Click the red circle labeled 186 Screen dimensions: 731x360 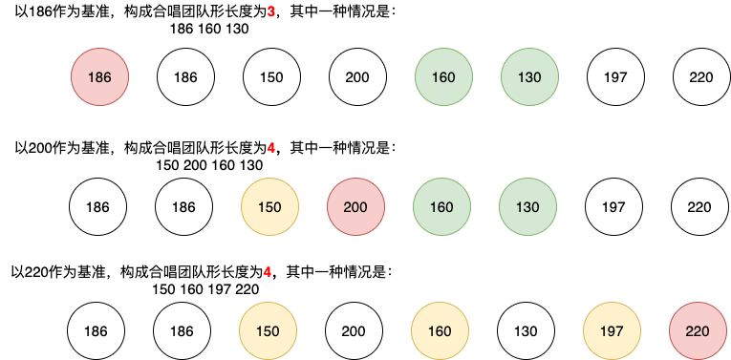pyautogui.click(x=99, y=76)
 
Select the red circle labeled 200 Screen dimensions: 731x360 pyautogui.click(x=355, y=207)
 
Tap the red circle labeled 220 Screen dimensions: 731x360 pyautogui.click(x=698, y=331)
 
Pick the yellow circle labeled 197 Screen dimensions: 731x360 pyautogui.click(x=612, y=331)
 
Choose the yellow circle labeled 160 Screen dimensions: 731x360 pyautogui.click(x=440, y=331)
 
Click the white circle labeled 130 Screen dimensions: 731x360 pyautogui.click(x=526, y=331)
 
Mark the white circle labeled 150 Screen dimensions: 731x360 pyautogui.click(x=271, y=76)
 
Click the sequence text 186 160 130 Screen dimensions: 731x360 pyautogui.click(x=209, y=29)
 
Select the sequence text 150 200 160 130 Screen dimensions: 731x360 pyautogui.click(x=209, y=165)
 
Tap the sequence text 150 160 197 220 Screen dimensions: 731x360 pyautogui.click(x=205, y=289)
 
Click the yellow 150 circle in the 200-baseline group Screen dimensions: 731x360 pyautogui.click(x=269, y=207)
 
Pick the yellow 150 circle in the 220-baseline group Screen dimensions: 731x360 pyautogui.click(x=268, y=331)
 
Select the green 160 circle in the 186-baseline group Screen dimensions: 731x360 pyautogui.click(x=443, y=76)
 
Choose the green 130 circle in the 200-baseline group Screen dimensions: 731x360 pyautogui.click(x=527, y=207)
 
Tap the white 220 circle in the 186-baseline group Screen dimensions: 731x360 pyautogui.click(x=701, y=76)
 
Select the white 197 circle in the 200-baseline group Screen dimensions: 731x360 pyautogui.click(x=613, y=207)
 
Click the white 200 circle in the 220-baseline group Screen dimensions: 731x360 pyautogui.click(x=354, y=331)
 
